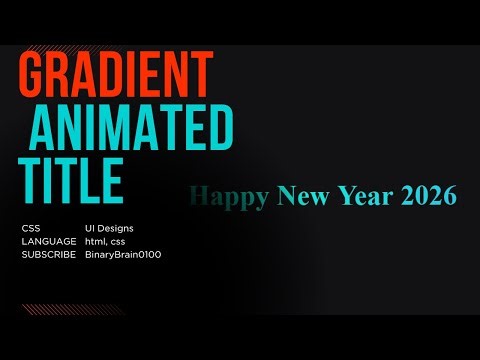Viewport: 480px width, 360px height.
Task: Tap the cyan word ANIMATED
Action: (132, 128)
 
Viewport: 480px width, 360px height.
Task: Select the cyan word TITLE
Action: (71, 181)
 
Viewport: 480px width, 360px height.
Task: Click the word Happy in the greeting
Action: (228, 196)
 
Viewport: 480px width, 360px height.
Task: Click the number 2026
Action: (429, 196)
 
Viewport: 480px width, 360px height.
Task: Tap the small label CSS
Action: (31, 229)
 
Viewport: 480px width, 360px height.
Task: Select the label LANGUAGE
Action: (48, 242)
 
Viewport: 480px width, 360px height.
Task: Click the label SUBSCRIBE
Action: (48, 255)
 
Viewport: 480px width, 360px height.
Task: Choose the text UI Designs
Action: (109, 229)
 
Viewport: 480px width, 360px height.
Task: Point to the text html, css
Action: (108, 242)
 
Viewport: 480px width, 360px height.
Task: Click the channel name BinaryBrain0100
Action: (123, 255)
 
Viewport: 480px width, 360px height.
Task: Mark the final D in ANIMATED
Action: (219, 128)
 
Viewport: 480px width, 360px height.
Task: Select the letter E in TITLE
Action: (109, 181)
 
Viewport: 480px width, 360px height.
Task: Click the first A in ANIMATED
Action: (45, 128)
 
